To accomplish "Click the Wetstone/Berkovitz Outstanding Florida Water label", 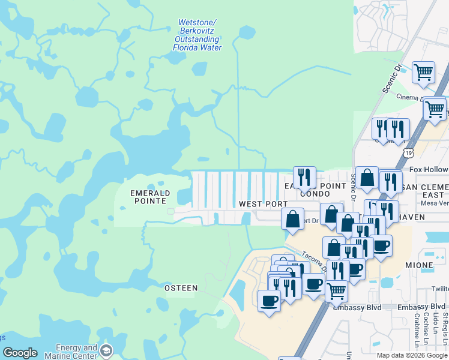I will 197,35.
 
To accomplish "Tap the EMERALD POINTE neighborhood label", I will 151,197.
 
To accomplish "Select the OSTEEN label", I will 181,288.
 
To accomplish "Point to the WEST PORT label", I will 263,204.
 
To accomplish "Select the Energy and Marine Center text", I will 76,352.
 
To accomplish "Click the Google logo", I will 19,353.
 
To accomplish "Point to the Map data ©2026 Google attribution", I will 412,355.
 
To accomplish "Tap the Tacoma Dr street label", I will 314,260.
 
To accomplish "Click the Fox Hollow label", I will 429,170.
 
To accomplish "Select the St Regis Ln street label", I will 445,324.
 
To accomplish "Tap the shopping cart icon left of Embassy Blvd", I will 336,290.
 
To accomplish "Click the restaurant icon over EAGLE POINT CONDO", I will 304,176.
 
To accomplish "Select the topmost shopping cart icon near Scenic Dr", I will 424,72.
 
